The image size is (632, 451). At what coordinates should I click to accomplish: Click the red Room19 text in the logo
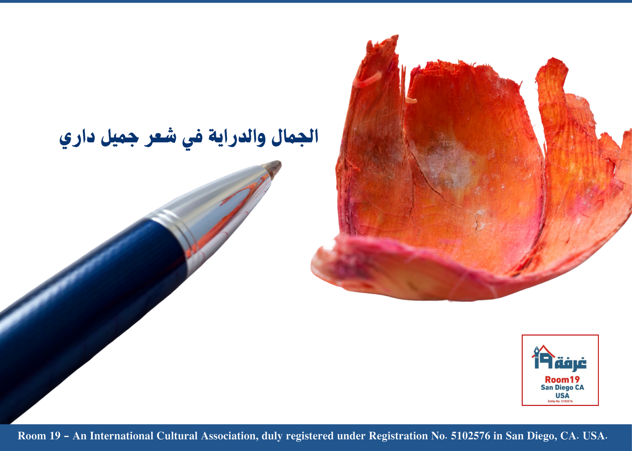click(x=562, y=379)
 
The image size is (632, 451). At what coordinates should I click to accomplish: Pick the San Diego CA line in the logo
click(x=562, y=388)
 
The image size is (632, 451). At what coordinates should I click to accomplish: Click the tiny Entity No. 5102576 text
click(x=560, y=401)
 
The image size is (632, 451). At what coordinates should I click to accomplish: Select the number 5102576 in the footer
click(x=471, y=436)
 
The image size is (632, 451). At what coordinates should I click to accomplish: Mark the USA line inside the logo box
click(x=562, y=395)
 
